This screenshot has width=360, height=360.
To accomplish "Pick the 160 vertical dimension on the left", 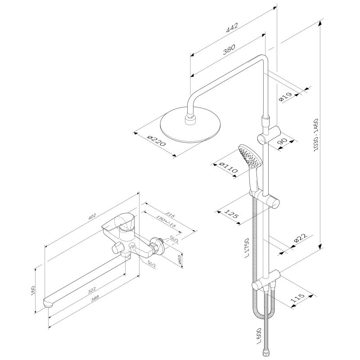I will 33,290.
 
